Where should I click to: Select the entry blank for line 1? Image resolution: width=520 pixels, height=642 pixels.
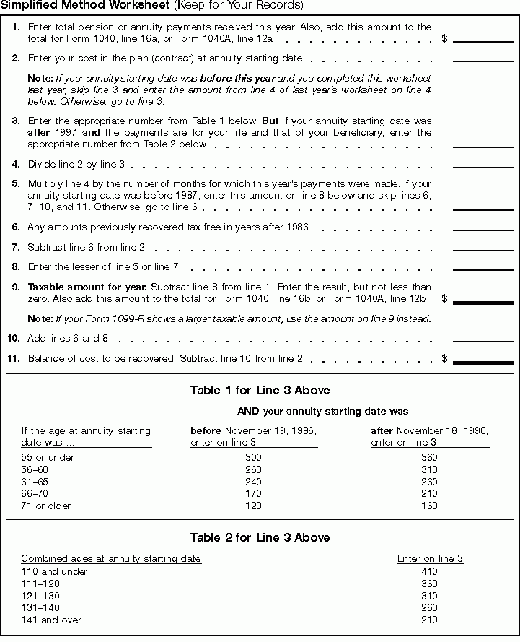coord(482,38)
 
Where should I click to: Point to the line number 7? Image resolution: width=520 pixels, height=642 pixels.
coord(15,247)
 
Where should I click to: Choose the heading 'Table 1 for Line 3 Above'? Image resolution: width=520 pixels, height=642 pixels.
coord(260,390)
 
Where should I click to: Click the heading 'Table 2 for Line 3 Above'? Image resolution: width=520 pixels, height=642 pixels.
coord(260,537)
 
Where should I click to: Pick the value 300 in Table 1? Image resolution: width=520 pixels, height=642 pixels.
coord(253,457)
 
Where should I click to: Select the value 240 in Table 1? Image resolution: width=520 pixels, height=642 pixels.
coord(253,482)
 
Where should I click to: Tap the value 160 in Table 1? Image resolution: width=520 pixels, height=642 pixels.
coord(428,506)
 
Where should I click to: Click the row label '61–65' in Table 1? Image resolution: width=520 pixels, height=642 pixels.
coord(35,482)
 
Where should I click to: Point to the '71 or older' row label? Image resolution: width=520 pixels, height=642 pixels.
coord(46,506)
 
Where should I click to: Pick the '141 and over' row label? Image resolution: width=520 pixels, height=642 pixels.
coord(51,620)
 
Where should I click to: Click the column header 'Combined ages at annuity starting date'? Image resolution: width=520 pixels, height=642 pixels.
coord(111,558)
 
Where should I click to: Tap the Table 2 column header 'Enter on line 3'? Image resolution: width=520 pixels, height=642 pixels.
coord(430,558)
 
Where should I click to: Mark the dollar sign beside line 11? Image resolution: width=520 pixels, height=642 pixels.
coord(444,358)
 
